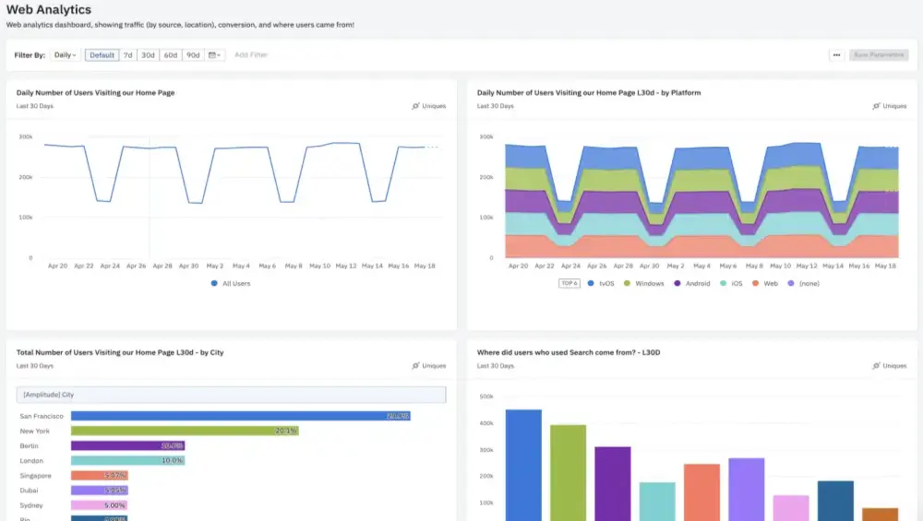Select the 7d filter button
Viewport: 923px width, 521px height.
(128, 55)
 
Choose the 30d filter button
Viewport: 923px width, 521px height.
(148, 55)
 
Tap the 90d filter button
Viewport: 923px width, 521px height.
(193, 55)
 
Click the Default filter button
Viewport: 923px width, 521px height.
(102, 55)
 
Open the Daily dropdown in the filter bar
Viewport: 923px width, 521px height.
(65, 55)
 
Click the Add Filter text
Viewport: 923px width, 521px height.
(251, 55)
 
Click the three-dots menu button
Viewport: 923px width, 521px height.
(836, 55)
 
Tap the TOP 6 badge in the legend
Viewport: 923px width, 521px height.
(569, 283)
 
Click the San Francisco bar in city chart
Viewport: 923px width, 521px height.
(240, 416)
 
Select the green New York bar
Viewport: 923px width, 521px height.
(185, 431)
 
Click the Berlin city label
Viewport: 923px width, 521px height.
(30, 445)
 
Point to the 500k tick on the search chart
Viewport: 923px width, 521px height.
(486, 397)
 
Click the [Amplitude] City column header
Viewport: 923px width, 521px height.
(49, 395)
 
